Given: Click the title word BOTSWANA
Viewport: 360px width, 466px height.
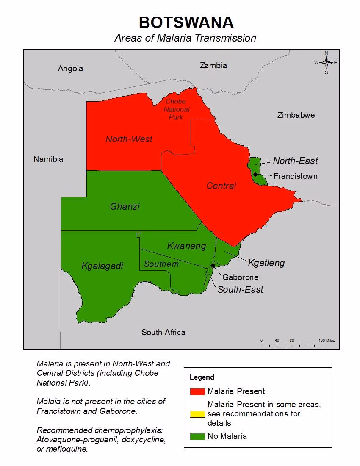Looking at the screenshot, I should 186,22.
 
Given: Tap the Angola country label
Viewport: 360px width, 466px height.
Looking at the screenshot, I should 70,68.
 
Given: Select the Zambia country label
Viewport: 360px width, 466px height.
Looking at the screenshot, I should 213,65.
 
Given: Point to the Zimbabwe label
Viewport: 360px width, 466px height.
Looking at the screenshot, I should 296,115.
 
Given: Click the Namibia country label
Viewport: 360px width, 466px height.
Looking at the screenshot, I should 48,159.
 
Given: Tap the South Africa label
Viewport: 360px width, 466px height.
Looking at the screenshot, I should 163,332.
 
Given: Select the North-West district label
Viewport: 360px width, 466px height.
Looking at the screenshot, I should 129,139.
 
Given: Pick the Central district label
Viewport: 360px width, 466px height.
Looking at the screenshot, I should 221,186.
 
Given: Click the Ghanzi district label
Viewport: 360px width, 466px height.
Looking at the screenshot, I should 125,207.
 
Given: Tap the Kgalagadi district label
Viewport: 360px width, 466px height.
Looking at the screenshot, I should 102,266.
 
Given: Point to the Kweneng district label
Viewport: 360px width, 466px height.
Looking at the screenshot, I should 186,246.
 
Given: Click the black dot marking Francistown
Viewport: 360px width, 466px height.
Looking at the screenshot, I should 255,175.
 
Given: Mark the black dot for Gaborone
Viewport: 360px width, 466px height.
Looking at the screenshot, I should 213,266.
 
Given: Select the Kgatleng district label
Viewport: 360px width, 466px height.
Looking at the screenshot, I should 266,263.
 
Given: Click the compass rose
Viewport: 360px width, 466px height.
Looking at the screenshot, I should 326,63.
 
